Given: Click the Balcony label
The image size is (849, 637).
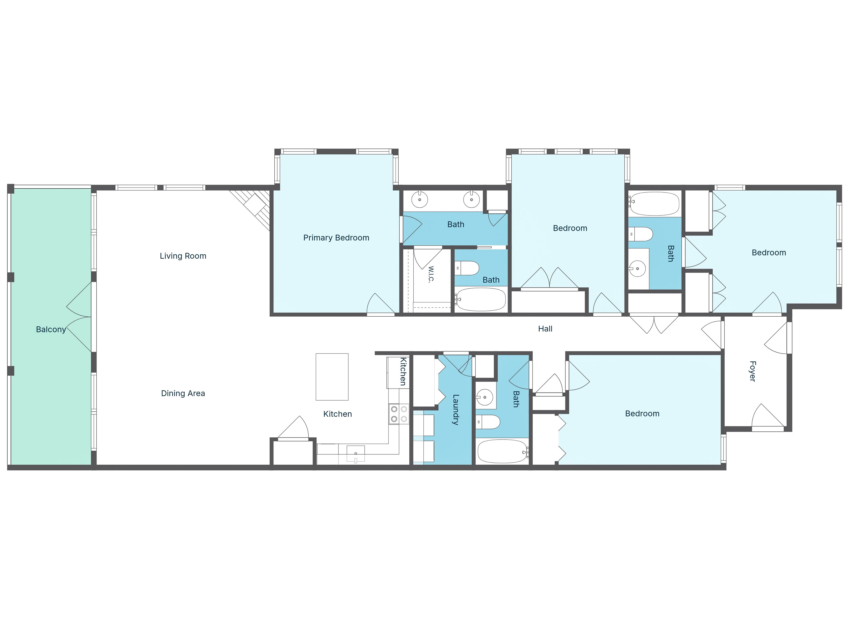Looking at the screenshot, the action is (x=51, y=329).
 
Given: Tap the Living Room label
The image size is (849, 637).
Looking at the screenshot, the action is (x=183, y=256).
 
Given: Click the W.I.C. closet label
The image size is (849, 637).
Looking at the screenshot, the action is (x=431, y=274).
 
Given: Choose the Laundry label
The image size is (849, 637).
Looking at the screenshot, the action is (x=456, y=410).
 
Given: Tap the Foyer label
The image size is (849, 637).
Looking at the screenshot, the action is (x=753, y=371).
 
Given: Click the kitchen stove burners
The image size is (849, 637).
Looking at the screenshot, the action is (x=399, y=414).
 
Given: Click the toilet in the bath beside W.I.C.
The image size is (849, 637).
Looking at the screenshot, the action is (x=467, y=268).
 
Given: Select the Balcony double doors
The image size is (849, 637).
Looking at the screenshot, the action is (x=79, y=317).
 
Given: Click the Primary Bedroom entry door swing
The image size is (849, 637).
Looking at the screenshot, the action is (x=381, y=304).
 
